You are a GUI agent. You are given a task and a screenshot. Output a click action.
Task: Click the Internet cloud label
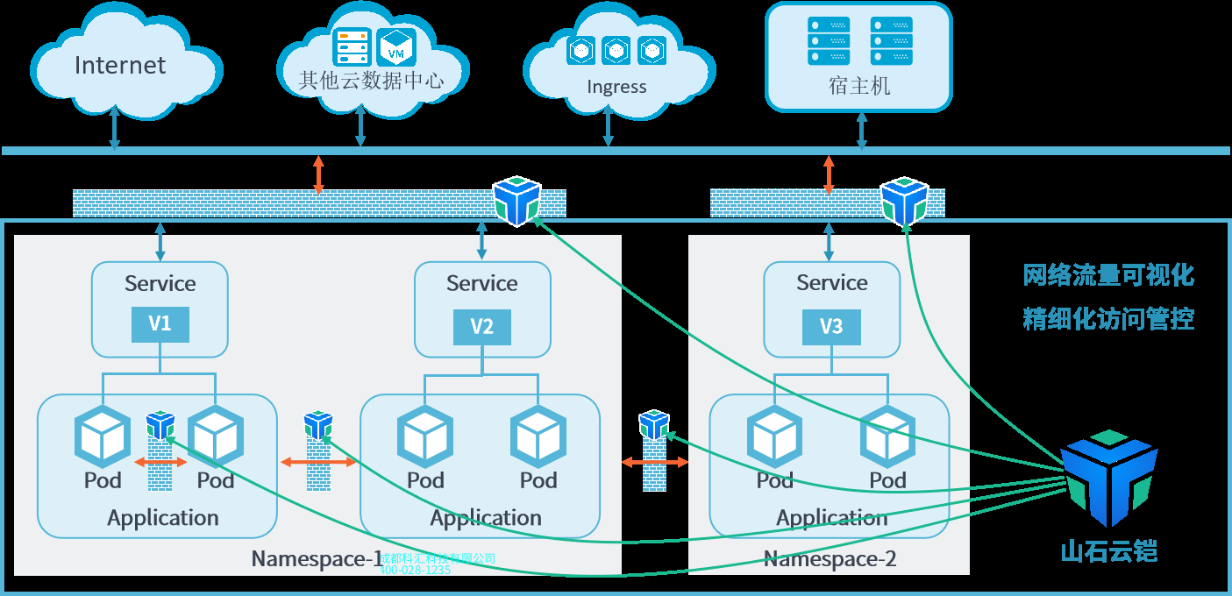pos(120,66)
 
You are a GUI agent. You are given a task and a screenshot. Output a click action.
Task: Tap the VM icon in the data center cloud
pos(396,46)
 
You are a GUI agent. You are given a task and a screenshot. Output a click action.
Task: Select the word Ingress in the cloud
pos(616,87)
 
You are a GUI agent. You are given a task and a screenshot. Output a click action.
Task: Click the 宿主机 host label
pos(858,86)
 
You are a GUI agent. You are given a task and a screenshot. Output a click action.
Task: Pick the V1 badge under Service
pos(160,324)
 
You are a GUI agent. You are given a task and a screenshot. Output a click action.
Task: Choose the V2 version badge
pos(481,327)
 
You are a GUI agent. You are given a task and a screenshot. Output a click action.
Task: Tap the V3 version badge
pos(831,326)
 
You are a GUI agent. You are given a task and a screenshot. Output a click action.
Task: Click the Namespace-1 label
pos(317,559)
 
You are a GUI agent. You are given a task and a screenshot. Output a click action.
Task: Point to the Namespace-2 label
pos(830,559)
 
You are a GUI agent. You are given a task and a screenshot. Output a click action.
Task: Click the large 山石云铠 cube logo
pos(1109,478)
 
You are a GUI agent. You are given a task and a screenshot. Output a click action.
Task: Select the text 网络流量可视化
pos(1108,275)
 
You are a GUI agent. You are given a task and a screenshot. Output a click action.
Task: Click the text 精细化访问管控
pos(1108,318)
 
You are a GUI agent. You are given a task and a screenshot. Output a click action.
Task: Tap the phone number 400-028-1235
pos(415,570)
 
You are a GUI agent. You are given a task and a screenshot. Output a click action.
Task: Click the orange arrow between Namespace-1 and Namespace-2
pos(655,461)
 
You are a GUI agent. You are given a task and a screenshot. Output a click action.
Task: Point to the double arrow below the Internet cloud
pos(114,131)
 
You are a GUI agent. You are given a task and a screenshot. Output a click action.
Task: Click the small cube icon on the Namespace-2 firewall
pos(904,202)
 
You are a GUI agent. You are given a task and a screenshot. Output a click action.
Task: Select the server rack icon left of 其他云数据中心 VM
pos(353,46)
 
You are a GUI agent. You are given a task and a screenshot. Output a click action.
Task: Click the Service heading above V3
pos(831,283)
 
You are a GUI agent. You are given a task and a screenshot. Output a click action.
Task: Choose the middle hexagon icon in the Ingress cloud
pos(616,51)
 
